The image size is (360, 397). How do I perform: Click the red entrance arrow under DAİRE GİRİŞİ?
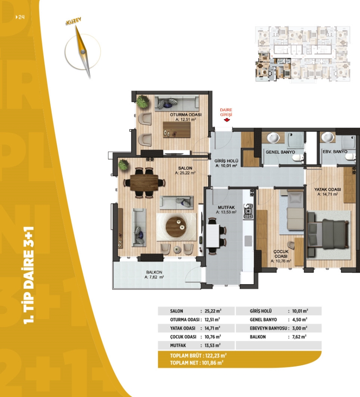point(227,120)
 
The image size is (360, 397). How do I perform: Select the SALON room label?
point(185,168)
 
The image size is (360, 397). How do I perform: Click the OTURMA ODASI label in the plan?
point(186,115)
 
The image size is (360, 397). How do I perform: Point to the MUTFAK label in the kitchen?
point(226,207)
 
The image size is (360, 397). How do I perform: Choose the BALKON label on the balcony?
point(154,272)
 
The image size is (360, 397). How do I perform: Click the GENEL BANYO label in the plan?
point(280,152)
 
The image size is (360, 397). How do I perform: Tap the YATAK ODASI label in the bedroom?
point(327,189)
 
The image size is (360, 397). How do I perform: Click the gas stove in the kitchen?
point(248,211)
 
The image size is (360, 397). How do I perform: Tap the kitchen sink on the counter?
point(248,241)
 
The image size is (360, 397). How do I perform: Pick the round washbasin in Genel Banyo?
point(273,138)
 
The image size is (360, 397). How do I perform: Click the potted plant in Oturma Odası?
point(142,102)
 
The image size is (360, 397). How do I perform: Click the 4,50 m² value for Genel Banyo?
point(300,320)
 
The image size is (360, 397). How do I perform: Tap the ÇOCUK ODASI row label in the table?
point(183,337)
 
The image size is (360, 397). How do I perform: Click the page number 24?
point(21,17)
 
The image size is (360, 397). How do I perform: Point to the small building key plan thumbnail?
point(303,54)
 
